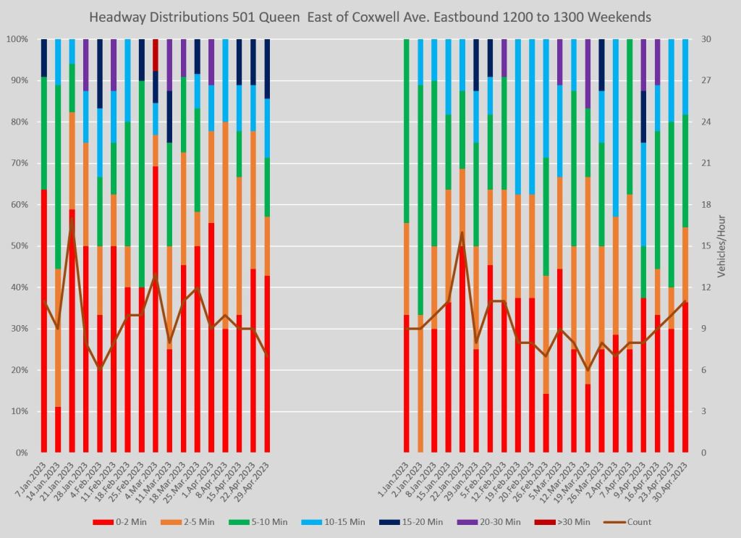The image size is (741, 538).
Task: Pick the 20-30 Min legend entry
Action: point(495,521)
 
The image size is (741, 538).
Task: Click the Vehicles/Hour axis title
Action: point(721,246)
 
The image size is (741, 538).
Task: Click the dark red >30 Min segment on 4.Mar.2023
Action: point(155,55)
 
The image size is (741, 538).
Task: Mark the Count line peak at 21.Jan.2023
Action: point(72,219)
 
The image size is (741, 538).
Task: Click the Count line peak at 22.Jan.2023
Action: point(462,232)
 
